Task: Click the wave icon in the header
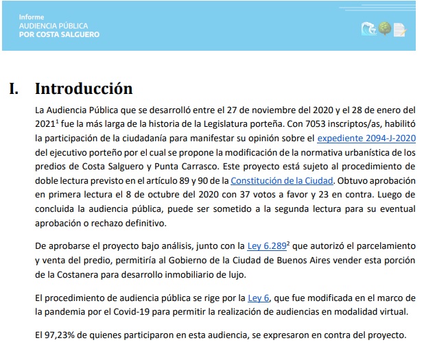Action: tap(368, 29)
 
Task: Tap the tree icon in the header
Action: tap(384, 29)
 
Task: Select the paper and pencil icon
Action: tap(399, 29)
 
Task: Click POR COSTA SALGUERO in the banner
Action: tap(59, 34)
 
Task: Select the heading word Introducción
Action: tap(83, 89)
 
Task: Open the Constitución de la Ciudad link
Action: tap(282, 180)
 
